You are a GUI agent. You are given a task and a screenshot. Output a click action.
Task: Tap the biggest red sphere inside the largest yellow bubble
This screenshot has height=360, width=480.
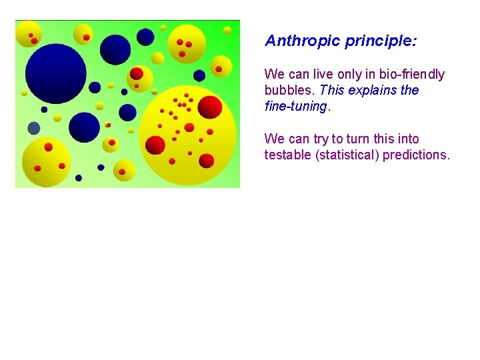tap(210, 107)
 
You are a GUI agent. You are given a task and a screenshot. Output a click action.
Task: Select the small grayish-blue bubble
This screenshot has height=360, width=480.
tap(34, 128)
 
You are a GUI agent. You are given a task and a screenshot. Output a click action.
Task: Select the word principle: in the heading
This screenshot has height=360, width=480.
tap(381, 41)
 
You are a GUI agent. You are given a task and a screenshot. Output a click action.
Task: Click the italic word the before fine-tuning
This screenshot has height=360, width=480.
tap(409, 90)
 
